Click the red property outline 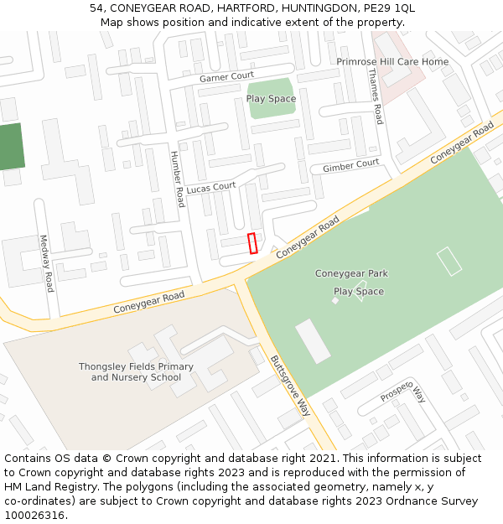click(x=252, y=243)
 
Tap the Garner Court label click(x=226, y=77)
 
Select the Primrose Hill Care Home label click(x=392, y=62)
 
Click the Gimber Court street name click(x=350, y=166)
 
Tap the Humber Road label click(x=177, y=179)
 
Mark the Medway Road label click(x=47, y=263)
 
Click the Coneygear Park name click(x=351, y=273)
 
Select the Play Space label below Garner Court click(x=271, y=99)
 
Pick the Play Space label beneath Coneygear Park click(x=359, y=292)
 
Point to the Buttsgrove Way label click(x=290, y=386)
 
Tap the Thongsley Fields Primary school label click(x=136, y=371)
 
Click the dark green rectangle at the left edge click(x=10, y=147)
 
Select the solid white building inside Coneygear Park click(x=313, y=341)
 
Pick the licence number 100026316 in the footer click(x=34, y=515)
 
